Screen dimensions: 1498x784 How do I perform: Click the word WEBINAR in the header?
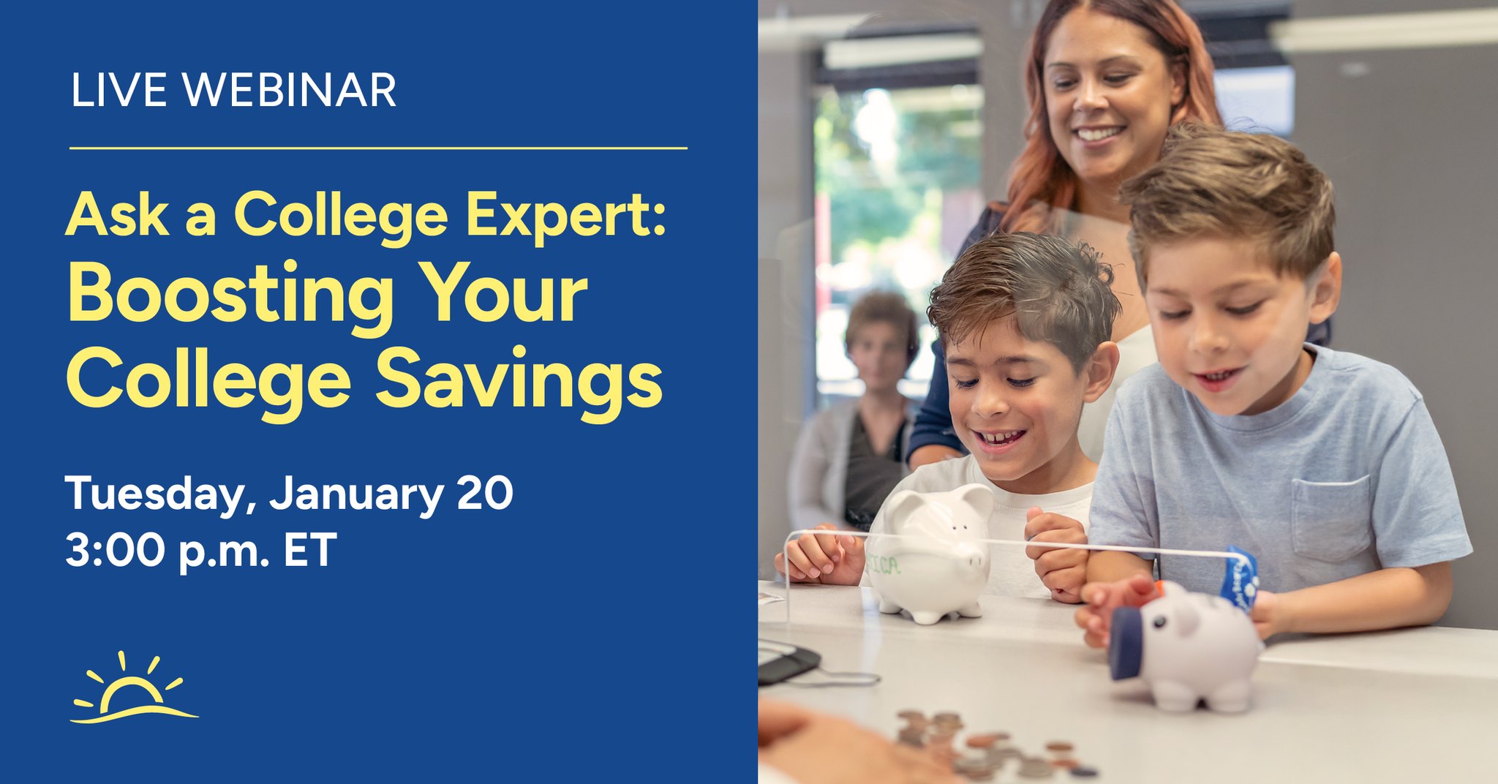tap(289, 90)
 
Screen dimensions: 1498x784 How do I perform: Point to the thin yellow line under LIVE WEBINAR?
tap(378, 148)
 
